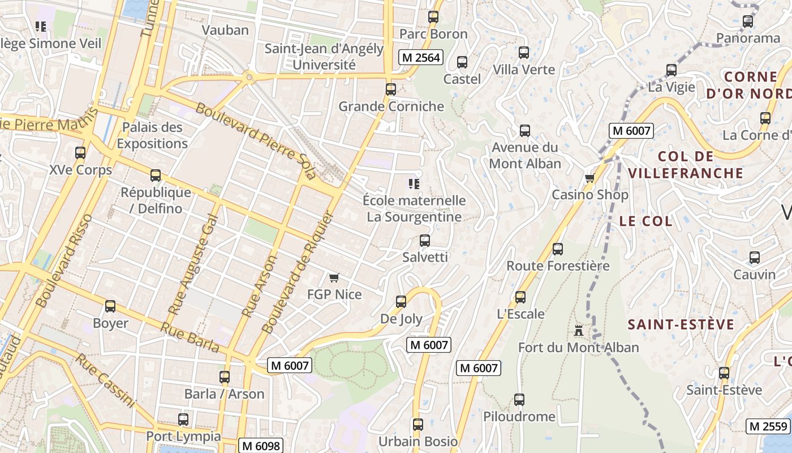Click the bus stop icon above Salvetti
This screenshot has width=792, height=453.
425,241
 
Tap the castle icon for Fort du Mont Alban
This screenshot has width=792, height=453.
578,330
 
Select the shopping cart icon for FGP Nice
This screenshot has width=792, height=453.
334,277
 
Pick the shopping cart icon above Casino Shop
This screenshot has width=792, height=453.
589,178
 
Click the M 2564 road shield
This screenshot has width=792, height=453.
420,57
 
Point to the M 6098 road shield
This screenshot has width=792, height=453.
260,446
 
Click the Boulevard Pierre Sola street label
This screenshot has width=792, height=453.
256,141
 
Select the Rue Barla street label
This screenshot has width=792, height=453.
190,337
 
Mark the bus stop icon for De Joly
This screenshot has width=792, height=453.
401,302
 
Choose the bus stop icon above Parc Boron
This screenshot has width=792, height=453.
433,17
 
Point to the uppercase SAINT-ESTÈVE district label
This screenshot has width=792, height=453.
681,324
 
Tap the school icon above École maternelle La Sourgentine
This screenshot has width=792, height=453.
414,184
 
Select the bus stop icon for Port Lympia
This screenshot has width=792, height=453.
183,420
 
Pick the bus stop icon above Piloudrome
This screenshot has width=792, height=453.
519,400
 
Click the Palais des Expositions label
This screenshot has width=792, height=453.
152,135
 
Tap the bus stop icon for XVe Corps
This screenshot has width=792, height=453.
80,153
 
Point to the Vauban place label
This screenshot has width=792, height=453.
225,30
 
